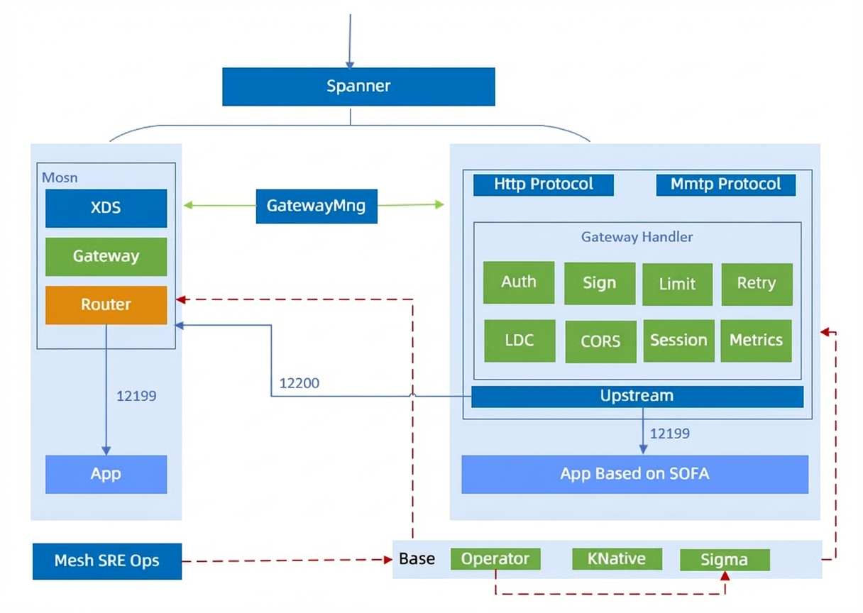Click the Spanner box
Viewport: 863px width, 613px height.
click(358, 87)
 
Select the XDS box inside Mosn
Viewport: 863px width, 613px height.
click(106, 208)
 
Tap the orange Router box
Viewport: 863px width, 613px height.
click(106, 305)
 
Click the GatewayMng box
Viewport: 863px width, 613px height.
click(317, 206)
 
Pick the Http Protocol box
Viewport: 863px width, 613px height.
click(543, 185)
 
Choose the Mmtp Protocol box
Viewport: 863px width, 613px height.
click(726, 185)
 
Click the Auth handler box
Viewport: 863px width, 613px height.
click(519, 282)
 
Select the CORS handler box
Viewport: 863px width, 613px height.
click(600, 341)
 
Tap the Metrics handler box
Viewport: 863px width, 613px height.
click(757, 341)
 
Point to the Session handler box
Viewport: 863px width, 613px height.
click(679, 341)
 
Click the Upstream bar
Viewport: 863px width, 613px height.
click(637, 397)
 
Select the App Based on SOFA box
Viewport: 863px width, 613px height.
click(635, 475)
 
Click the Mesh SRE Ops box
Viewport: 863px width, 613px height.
click(107, 561)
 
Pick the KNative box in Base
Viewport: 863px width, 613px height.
click(617, 559)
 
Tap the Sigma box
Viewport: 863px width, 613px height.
click(725, 560)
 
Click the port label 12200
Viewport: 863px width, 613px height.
click(299, 383)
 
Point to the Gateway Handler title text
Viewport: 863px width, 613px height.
click(637, 237)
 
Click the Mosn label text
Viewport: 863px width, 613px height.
click(60, 177)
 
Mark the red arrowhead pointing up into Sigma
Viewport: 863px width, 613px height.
click(725, 576)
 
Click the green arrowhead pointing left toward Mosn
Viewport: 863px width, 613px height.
click(188, 205)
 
